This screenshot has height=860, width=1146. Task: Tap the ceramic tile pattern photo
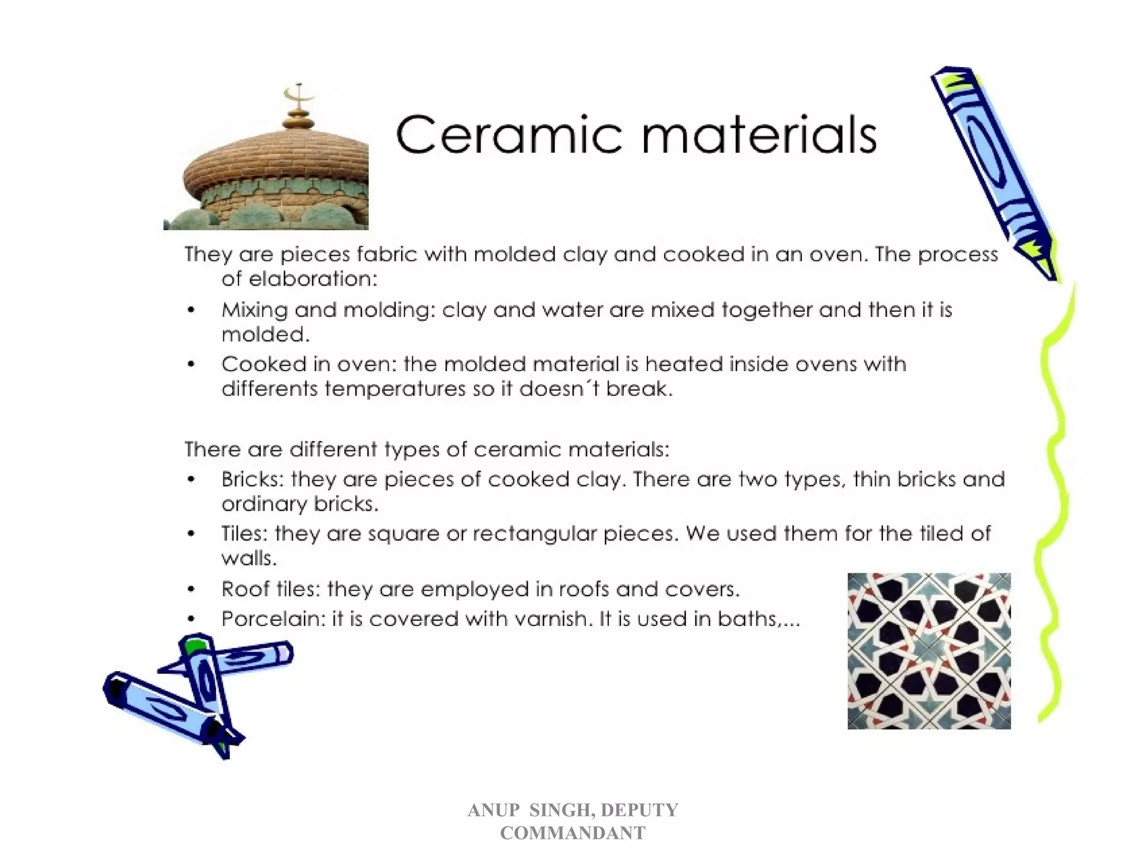929,651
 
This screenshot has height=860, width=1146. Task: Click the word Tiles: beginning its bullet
245,534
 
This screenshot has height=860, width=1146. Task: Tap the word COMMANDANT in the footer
572,833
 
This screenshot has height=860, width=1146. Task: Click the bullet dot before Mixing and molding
191,310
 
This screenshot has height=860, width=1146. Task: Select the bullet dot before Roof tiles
191,590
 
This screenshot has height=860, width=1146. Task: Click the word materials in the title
758,135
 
